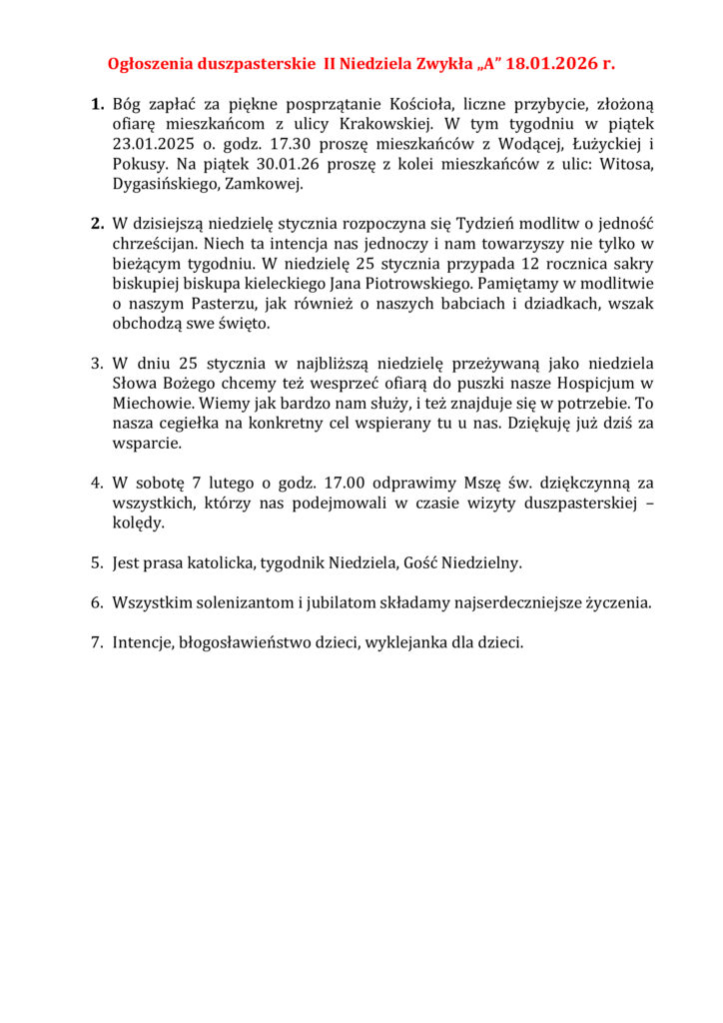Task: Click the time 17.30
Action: pyautogui.click(x=273, y=145)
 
